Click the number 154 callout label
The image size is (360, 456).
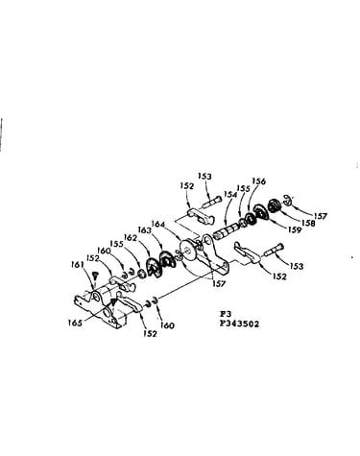tap(230, 195)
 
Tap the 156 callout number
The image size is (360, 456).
tap(258, 181)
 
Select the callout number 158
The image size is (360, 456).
tap(308, 223)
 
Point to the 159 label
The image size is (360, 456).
tap(295, 229)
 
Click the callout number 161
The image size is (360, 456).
tap(78, 265)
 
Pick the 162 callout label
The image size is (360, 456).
tap(131, 238)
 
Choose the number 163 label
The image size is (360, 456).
tap(145, 229)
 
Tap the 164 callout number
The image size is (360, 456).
tap(158, 224)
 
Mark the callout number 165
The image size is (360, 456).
tap(75, 323)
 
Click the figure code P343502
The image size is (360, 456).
tap(239, 324)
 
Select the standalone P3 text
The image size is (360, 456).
tap(224, 314)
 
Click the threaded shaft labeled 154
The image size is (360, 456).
tap(227, 231)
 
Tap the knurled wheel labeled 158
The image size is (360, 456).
tap(275, 205)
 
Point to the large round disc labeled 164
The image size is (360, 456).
tap(188, 250)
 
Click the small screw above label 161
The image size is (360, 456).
tap(95, 275)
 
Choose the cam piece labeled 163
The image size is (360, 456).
tap(167, 259)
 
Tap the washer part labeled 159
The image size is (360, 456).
tap(260, 213)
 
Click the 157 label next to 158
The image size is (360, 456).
tap(321, 216)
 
